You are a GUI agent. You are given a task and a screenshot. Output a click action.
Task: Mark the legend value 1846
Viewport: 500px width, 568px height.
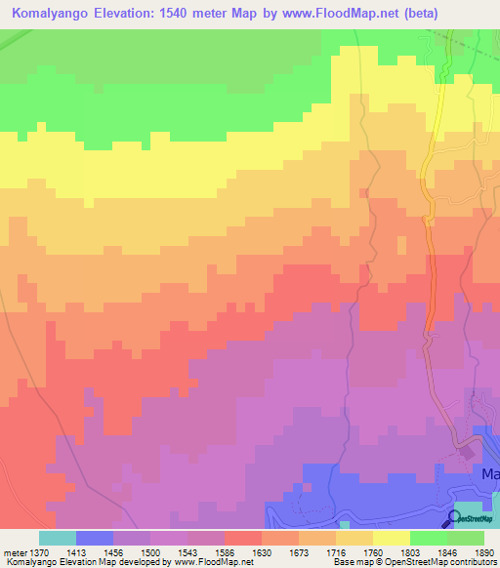coord(446,551)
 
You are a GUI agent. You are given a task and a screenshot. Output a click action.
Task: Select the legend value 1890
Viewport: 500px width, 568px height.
coord(485,551)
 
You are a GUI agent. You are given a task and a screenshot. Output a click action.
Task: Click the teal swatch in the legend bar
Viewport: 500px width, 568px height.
coord(58,538)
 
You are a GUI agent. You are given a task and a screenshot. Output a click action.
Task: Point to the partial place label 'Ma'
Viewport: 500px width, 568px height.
coord(490,474)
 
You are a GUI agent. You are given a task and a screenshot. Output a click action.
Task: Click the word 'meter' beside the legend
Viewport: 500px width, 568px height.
coord(15,551)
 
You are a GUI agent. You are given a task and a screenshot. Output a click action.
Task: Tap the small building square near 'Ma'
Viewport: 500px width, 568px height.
coord(466,451)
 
